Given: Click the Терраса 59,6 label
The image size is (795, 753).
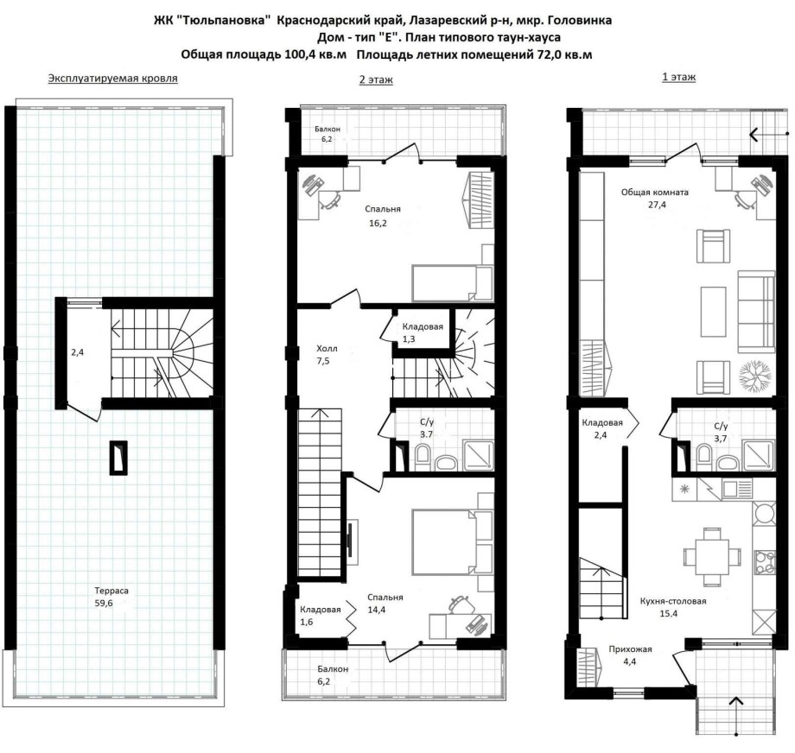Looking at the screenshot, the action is (x=111, y=597).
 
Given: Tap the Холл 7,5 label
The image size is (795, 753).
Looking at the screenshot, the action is (x=327, y=355).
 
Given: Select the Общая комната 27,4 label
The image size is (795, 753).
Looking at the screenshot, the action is (x=654, y=198).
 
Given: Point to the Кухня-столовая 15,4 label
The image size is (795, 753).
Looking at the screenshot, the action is (x=673, y=607).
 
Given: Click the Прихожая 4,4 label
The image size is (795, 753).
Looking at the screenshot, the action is (x=630, y=655).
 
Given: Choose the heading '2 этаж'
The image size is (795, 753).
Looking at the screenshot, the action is (x=376, y=79).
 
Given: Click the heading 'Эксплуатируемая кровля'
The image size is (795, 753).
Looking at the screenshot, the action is (x=112, y=79).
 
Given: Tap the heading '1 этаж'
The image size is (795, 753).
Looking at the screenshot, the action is (x=678, y=77).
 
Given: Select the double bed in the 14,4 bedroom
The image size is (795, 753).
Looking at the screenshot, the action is (x=444, y=541).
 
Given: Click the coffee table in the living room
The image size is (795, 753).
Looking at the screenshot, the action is (x=714, y=312).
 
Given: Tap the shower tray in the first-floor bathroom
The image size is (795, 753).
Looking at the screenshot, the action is (x=759, y=456).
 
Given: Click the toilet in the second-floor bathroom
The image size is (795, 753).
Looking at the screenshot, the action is (x=422, y=455).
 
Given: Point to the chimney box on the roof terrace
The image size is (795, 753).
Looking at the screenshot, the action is (x=119, y=458).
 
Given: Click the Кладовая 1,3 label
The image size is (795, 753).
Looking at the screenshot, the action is (x=423, y=332).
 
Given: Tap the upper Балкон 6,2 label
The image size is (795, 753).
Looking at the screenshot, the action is (x=327, y=134).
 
